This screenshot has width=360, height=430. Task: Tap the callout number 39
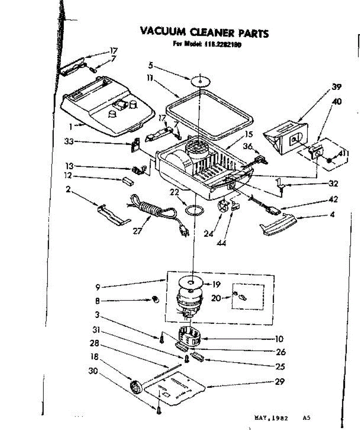pyautogui.click(x=336, y=87)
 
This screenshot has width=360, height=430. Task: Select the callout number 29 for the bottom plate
pyautogui.click(x=279, y=382)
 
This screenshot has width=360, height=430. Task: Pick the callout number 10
pyautogui.click(x=279, y=339)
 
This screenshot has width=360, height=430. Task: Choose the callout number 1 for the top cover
pyautogui.click(x=71, y=126)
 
